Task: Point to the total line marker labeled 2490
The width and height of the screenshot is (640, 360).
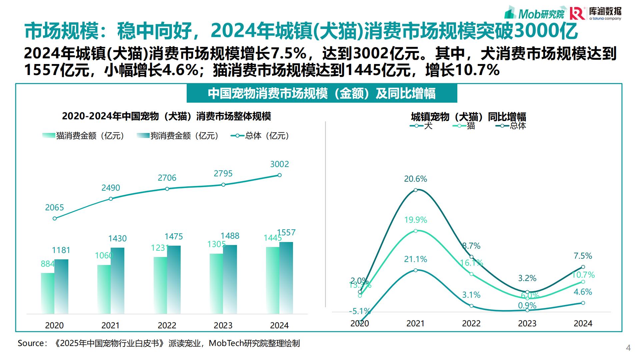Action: [111, 199]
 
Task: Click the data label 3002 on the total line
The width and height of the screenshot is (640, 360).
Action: [279, 164]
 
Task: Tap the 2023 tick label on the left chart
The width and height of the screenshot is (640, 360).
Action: [223, 325]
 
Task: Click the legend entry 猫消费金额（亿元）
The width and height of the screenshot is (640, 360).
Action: [83, 136]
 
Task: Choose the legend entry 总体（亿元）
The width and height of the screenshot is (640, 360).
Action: [260, 136]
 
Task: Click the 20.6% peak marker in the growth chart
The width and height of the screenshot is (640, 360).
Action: [416, 190]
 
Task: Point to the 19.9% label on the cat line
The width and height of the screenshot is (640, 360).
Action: [415, 220]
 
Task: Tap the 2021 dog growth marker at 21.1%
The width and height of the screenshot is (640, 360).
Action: [416, 270]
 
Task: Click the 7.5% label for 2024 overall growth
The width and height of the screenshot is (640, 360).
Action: [583, 256]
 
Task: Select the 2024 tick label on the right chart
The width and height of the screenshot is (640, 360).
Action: [583, 323]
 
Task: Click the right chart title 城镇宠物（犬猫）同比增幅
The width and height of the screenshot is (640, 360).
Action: [468, 117]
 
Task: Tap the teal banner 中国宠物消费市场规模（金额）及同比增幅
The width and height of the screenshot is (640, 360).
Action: [322, 93]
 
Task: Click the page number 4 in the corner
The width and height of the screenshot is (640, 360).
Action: [628, 348]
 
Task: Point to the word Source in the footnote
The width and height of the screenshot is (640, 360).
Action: [31, 343]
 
